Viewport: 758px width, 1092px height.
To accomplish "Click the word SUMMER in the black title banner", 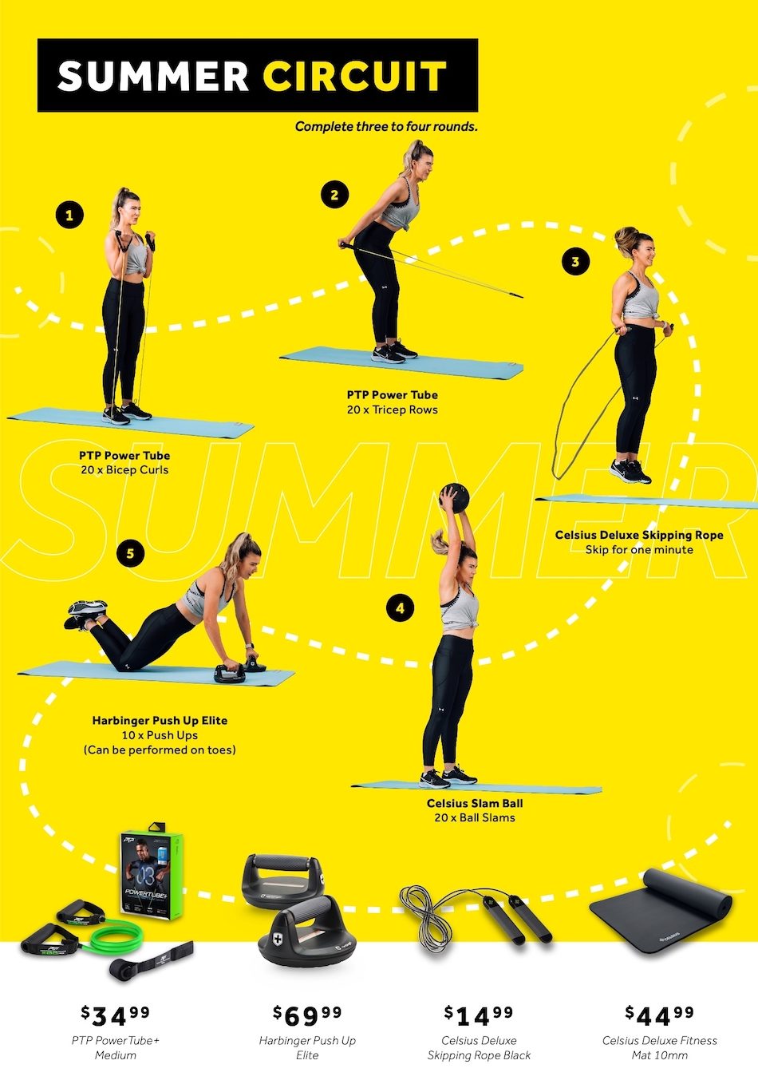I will (x=153, y=76).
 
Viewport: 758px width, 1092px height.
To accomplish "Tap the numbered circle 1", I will (x=70, y=215).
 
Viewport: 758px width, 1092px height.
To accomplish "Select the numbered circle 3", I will (x=575, y=261).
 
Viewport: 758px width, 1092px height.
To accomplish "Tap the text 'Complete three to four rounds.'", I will (x=386, y=126).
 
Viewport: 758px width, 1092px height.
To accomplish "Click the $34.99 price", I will (x=115, y=1015).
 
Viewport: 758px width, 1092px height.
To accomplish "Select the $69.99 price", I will (x=307, y=1015).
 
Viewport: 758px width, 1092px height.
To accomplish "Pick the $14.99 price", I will (x=479, y=1015).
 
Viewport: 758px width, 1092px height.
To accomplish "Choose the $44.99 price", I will (x=659, y=1015).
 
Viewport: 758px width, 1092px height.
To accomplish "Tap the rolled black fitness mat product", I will (x=661, y=910).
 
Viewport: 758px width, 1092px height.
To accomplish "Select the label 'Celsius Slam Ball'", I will (x=475, y=803).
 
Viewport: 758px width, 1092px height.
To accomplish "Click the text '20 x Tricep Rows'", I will (x=392, y=409).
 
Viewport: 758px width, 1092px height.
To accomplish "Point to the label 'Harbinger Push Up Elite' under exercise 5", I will (x=160, y=720).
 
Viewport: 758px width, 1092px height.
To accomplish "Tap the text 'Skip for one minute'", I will (x=639, y=549).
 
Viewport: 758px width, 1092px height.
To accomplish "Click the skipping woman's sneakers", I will (x=631, y=471).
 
